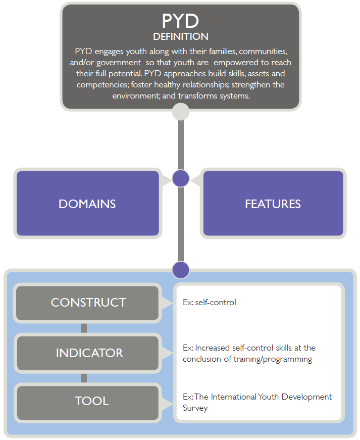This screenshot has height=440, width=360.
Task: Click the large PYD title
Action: (181, 21)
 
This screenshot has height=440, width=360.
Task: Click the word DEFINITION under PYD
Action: (181, 36)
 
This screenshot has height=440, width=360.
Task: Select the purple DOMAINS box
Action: (88, 204)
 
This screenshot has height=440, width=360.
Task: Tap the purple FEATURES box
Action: (273, 204)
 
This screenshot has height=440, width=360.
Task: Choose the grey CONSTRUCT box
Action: (87, 303)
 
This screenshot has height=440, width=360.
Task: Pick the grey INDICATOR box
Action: (88, 353)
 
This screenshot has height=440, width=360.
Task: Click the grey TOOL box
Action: (88, 403)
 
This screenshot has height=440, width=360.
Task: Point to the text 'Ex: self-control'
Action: (210, 302)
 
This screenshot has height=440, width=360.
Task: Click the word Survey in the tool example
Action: (195, 408)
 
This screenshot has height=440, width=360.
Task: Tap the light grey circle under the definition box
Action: (181, 112)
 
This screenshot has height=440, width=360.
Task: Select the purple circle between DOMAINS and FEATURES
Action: (181, 178)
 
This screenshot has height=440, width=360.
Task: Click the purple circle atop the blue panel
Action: (181, 270)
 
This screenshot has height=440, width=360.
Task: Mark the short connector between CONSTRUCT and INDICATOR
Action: (84, 328)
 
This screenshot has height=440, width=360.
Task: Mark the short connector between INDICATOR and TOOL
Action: (84, 378)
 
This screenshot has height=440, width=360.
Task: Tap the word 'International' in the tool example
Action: (234, 397)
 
